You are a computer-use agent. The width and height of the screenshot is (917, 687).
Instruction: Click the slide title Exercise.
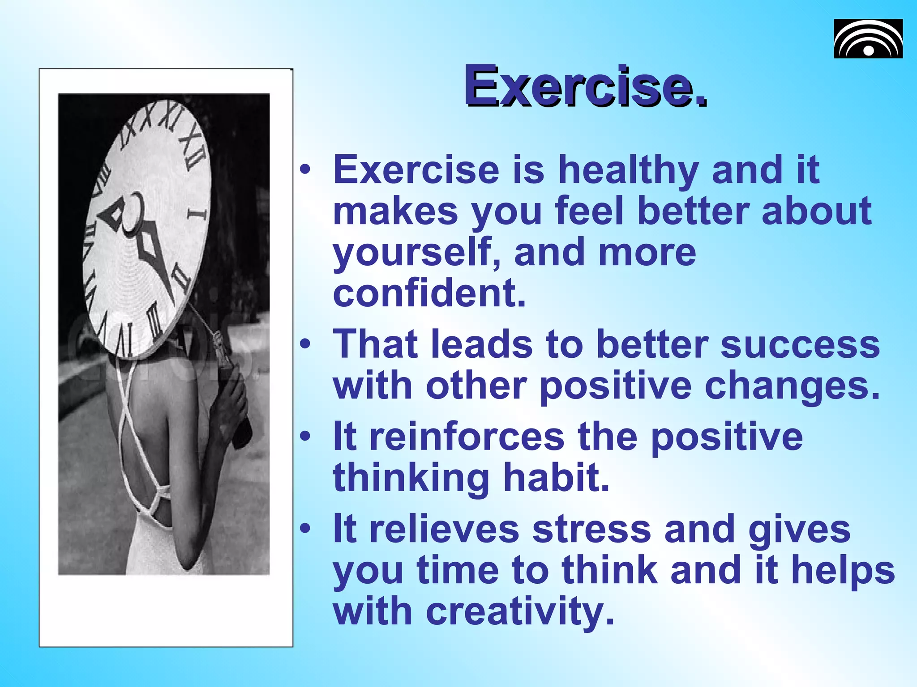[x=585, y=86]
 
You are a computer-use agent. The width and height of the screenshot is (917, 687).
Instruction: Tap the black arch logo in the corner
[x=868, y=39]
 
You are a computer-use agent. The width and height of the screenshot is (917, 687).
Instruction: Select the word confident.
[x=429, y=293]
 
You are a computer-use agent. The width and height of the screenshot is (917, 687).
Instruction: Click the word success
[x=800, y=344]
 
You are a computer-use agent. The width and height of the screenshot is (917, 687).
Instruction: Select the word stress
[x=591, y=530]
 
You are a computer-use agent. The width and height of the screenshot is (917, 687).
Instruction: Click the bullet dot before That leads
[x=305, y=344]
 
